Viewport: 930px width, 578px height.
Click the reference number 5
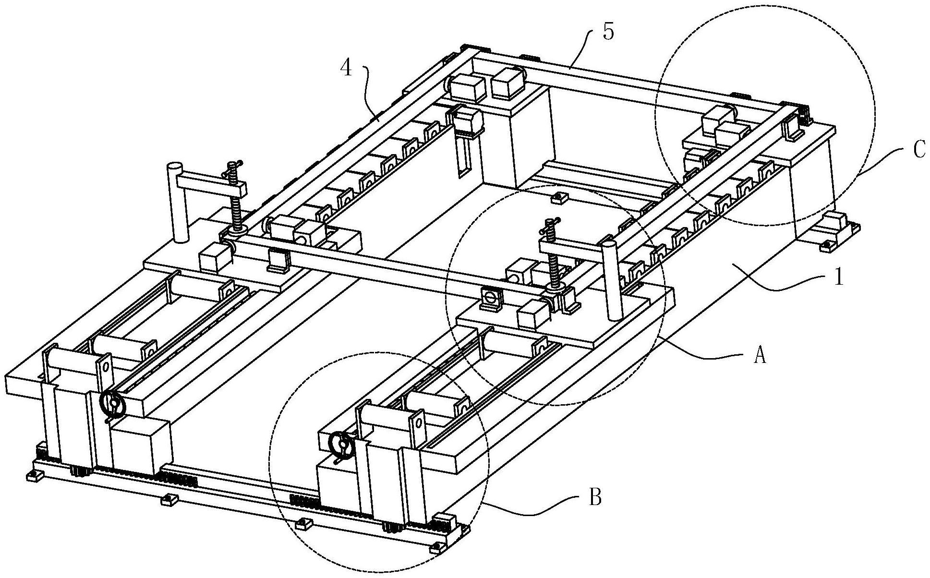point(608,34)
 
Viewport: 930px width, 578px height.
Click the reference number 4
point(346,69)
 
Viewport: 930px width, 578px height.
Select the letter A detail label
point(759,356)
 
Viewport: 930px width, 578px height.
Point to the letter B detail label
point(594,499)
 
